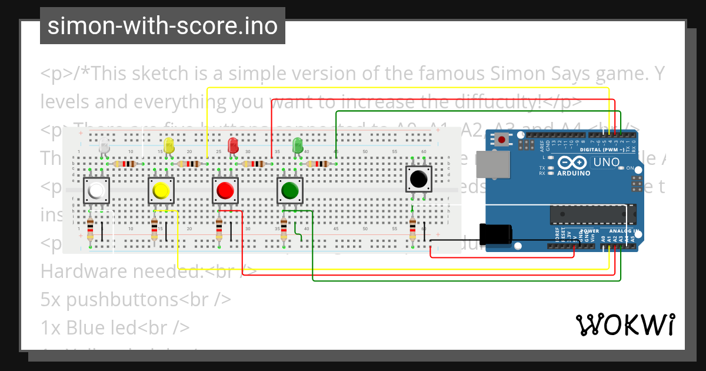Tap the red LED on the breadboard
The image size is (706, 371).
[x=233, y=145]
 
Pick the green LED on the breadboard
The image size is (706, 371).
[x=298, y=145]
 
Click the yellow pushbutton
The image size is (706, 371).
[x=160, y=191]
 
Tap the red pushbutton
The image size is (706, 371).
[x=225, y=191]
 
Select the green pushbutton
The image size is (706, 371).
[x=290, y=191]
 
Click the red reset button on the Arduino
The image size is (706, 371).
[x=502, y=140]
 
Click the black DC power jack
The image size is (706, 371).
[x=495, y=234]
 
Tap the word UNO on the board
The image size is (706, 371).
[x=606, y=162]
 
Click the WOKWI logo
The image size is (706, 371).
[x=625, y=324]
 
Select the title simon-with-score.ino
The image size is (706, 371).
[x=162, y=26]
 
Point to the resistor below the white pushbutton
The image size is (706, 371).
[x=90, y=229]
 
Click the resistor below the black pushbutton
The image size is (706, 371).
[x=413, y=229]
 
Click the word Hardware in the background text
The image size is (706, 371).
[x=81, y=271]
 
